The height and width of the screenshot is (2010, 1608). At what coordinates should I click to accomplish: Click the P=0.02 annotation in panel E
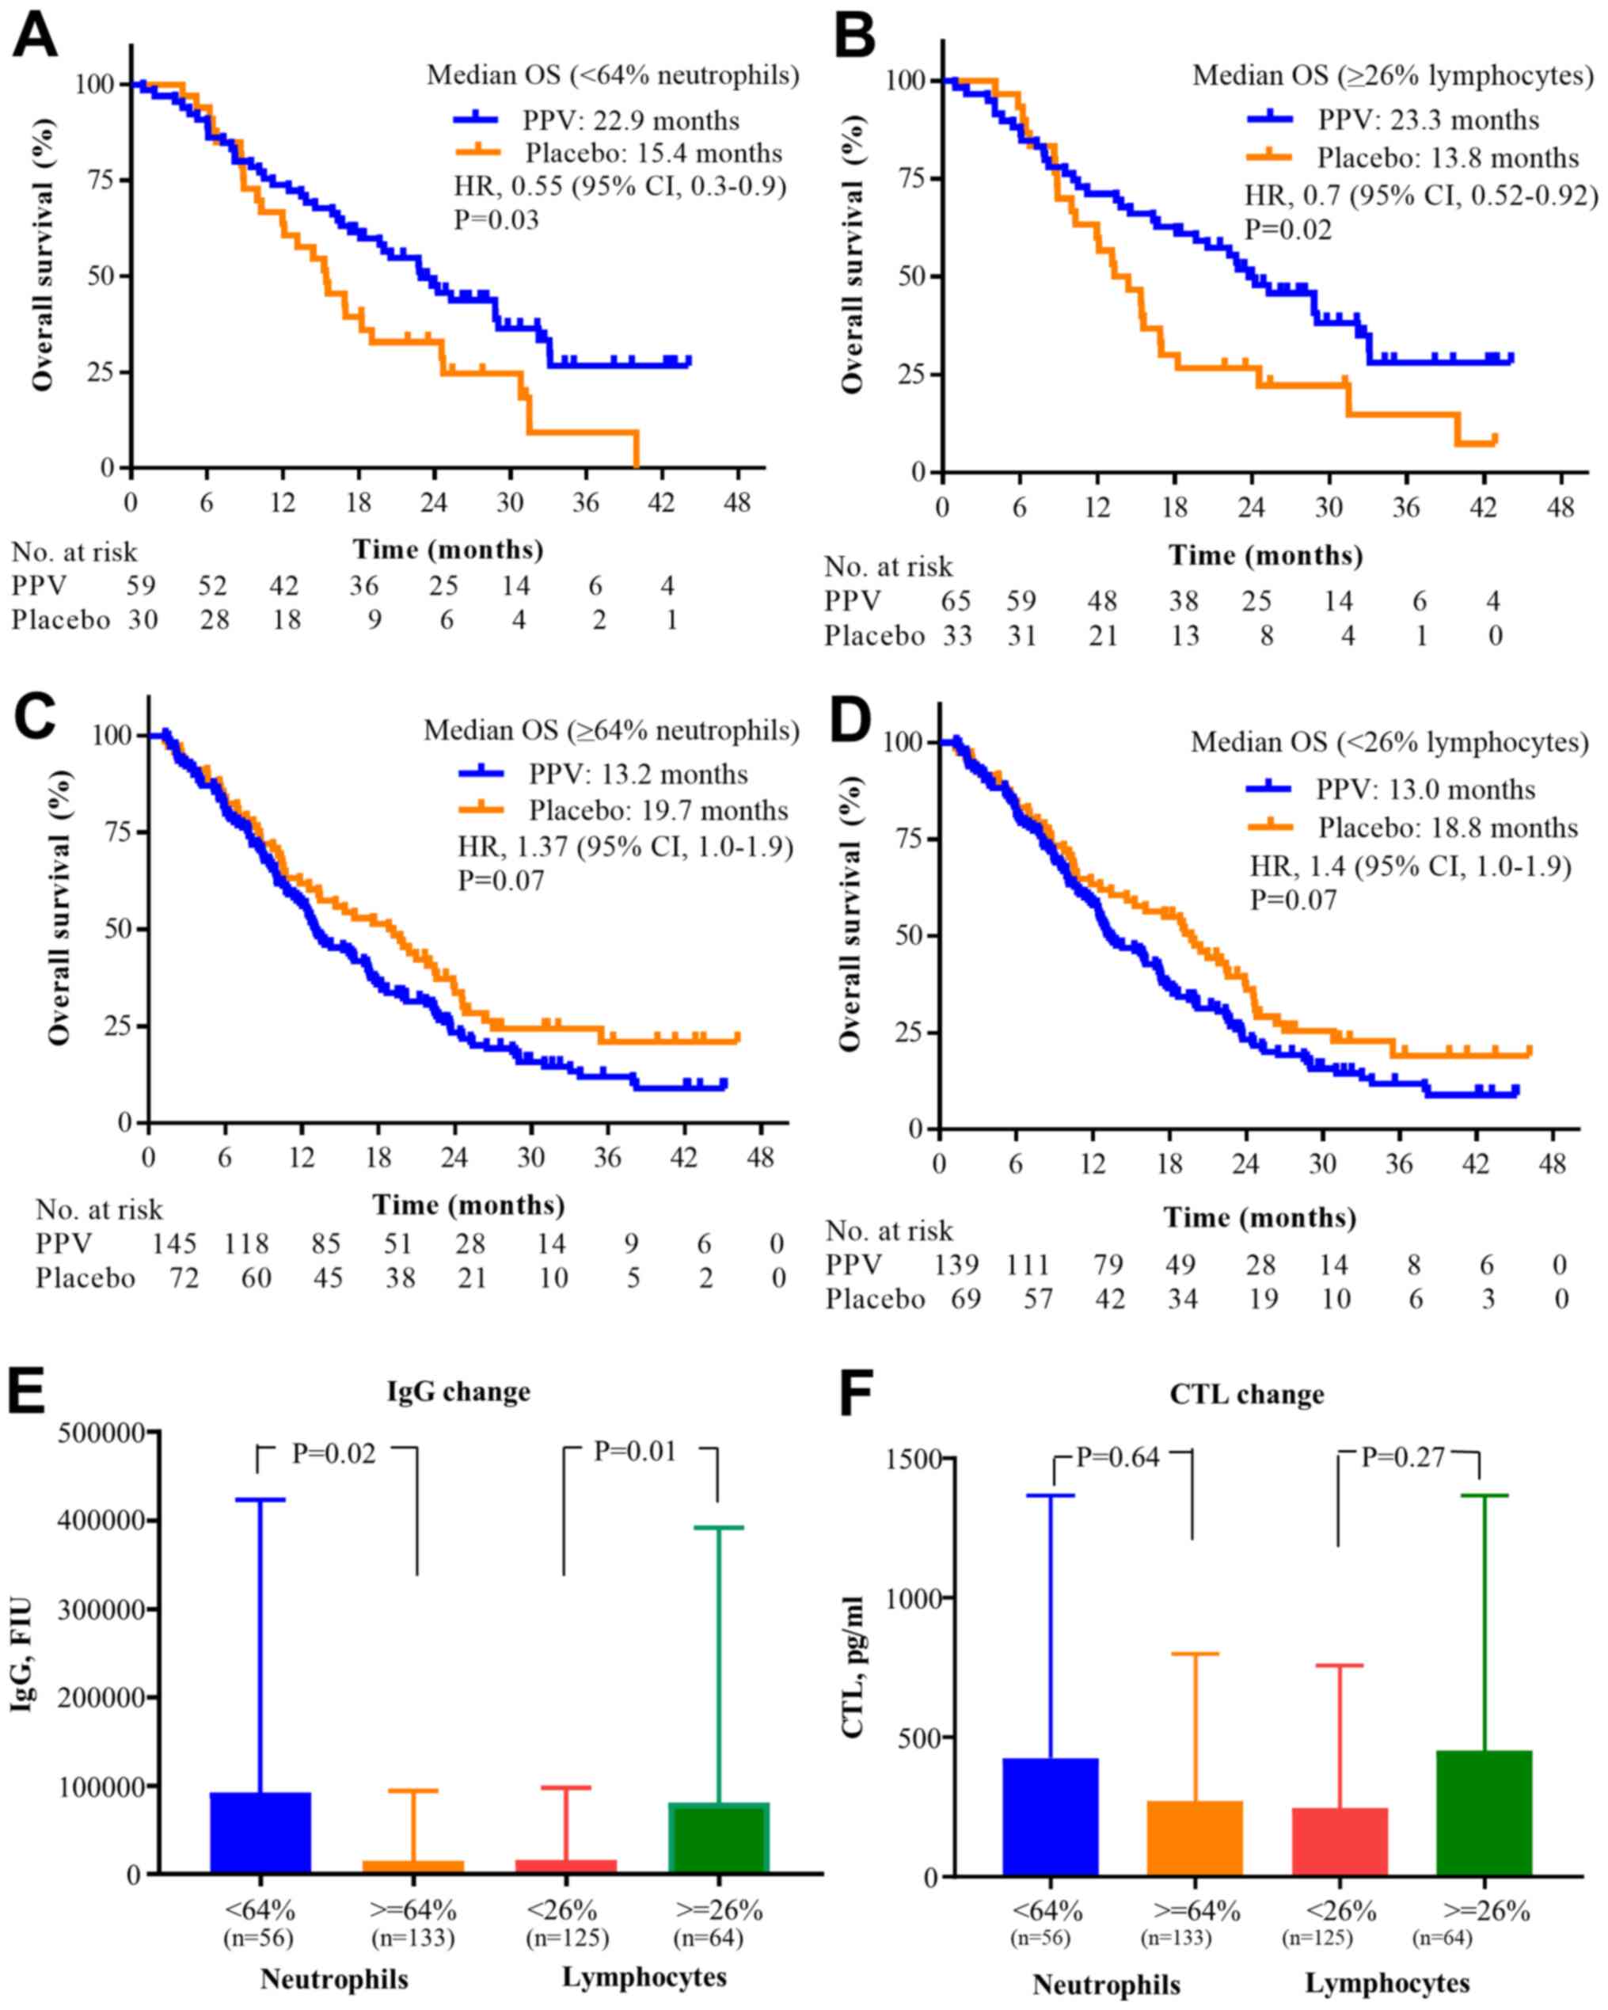point(334,1453)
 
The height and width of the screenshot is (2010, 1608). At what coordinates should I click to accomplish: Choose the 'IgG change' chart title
point(458,1392)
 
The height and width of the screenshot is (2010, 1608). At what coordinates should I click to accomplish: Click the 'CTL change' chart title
point(1246,1395)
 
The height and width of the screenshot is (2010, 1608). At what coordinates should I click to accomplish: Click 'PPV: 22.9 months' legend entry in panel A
point(631,121)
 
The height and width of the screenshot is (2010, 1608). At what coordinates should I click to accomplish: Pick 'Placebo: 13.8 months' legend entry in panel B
point(1447,158)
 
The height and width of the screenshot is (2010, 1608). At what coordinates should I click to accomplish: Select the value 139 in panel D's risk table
point(956,1264)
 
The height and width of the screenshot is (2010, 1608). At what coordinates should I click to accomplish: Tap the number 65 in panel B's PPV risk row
point(956,601)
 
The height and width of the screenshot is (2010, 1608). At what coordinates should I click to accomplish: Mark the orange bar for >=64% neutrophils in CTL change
point(1195,1838)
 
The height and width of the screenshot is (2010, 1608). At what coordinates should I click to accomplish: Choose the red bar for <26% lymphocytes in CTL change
point(1340,1842)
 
